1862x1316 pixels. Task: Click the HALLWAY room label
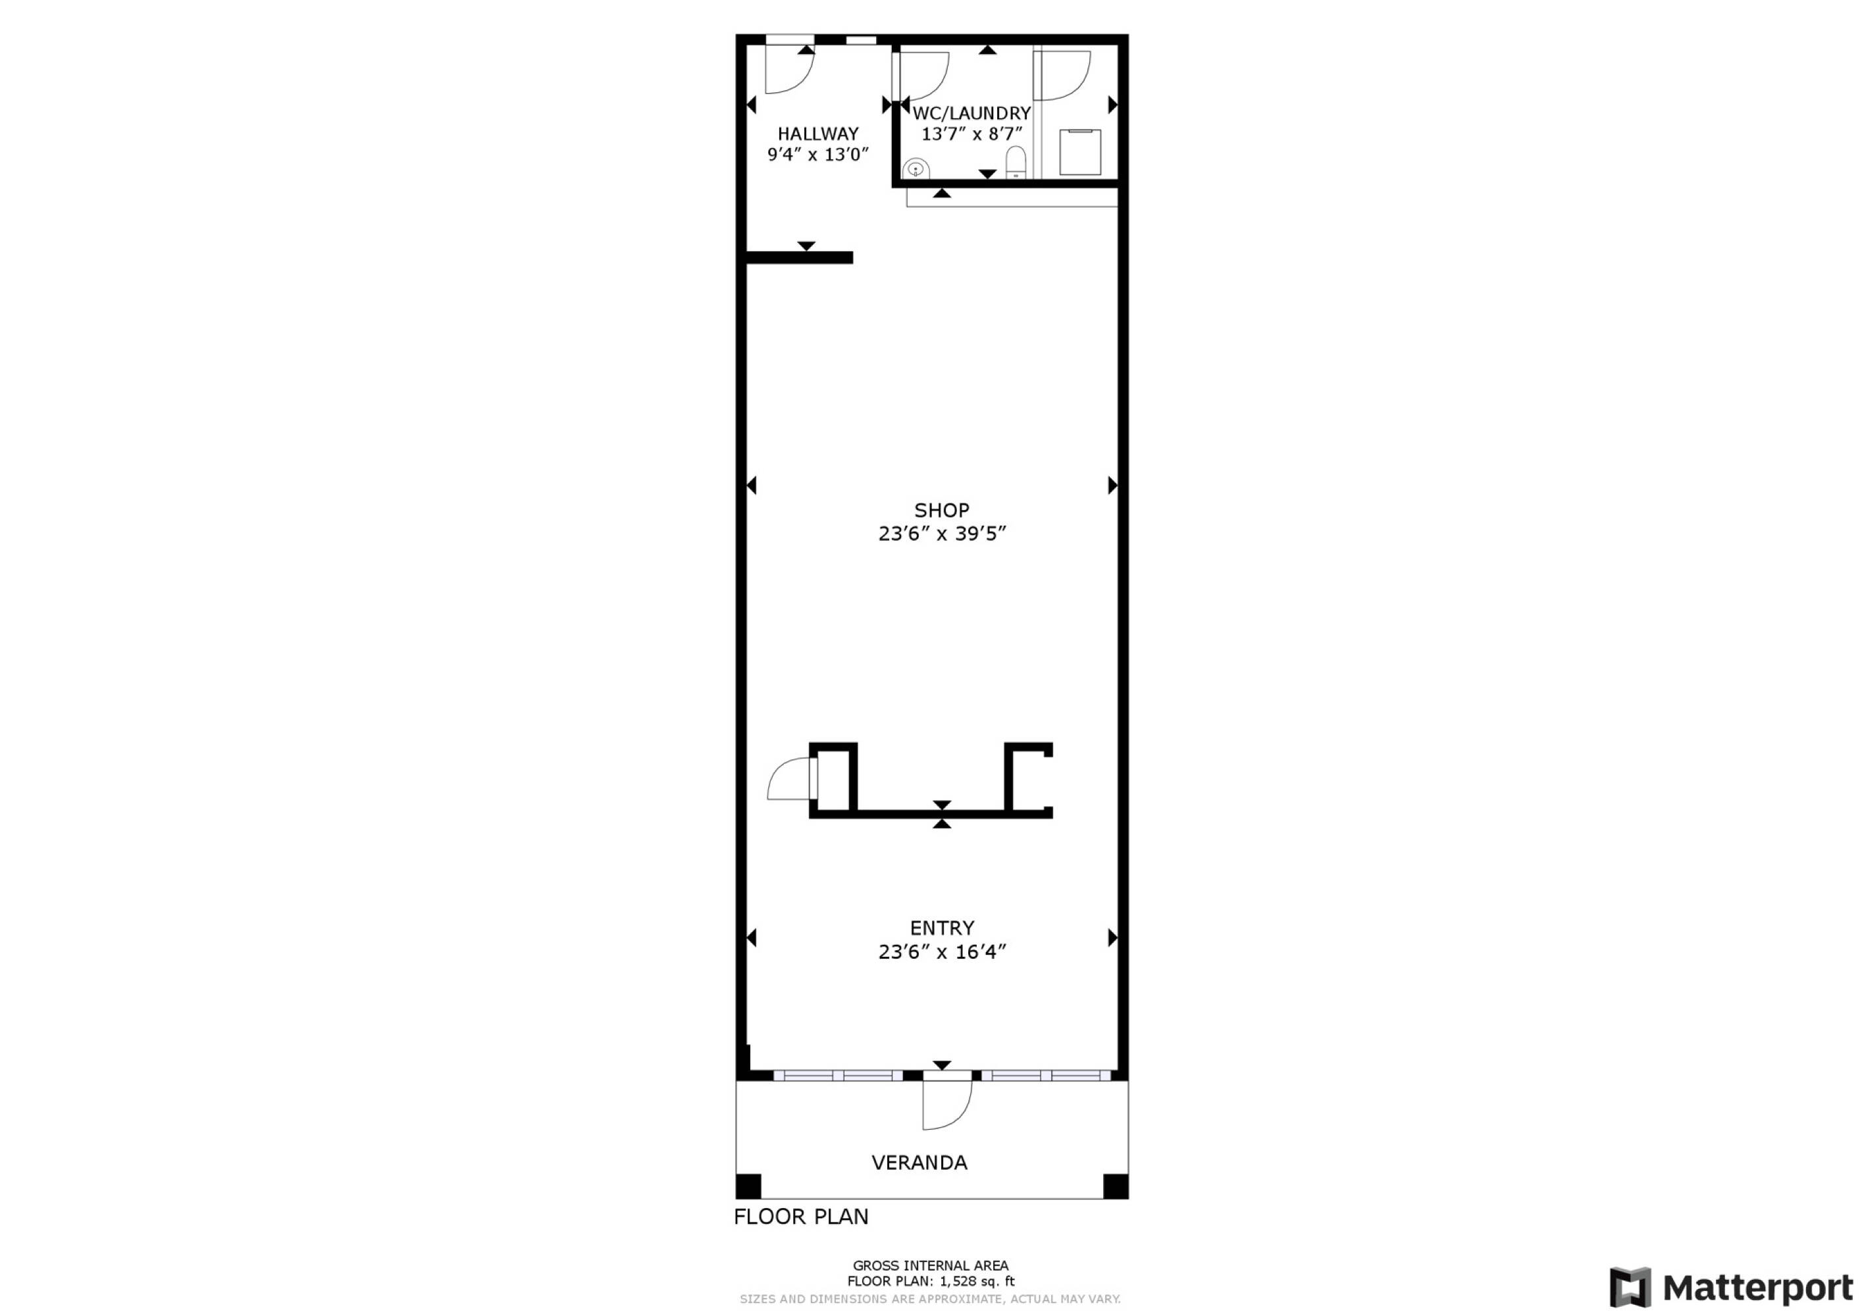(x=817, y=134)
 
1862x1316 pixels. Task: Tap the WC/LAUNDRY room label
(x=971, y=113)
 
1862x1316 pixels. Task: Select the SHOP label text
(x=942, y=510)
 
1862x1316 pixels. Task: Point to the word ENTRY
(x=942, y=928)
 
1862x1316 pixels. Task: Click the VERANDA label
(x=919, y=1163)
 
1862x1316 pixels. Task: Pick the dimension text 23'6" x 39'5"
(x=942, y=534)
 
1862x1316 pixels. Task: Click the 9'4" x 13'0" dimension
(x=817, y=154)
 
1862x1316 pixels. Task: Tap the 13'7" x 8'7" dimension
(x=971, y=134)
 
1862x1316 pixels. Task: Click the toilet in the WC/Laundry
(x=1016, y=163)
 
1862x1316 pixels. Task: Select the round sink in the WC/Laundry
(x=916, y=168)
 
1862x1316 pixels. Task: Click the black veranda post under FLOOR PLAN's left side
(x=748, y=1186)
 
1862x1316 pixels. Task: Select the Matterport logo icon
(x=1630, y=1287)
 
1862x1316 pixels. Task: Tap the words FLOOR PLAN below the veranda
(x=800, y=1216)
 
